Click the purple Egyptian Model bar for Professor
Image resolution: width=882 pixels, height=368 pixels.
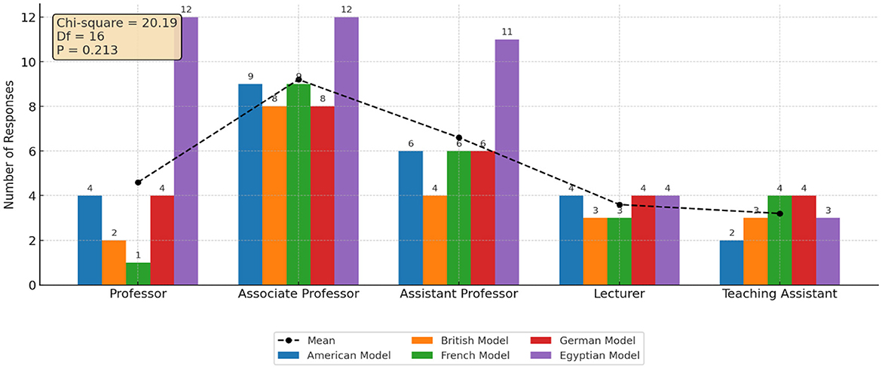point(185,151)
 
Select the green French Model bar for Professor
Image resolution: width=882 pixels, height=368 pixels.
point(137,274)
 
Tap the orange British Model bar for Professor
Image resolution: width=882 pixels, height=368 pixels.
point(113,262)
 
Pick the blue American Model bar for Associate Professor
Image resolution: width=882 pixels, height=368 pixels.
point(250,185)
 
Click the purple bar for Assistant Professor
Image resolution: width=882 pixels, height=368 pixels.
point(507,162)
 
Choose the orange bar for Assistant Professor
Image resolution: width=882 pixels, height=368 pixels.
point(435,241)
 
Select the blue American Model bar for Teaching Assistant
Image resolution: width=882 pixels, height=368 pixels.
point(731,262)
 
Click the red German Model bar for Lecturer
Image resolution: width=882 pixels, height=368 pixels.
point(643,241)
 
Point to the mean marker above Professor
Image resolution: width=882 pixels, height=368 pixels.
point(138,182)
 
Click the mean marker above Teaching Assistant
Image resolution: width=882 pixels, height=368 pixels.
point(780,213)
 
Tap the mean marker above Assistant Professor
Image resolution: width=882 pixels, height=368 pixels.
point(459,138)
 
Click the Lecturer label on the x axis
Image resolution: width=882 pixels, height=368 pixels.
point(619,294)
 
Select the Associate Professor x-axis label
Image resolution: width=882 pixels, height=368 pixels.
point(299,294)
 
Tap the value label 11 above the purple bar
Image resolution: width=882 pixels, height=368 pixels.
point(507,32)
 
